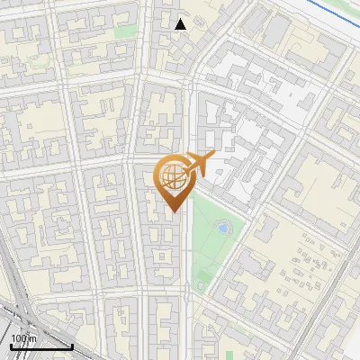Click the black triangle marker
click(x=181, y=24)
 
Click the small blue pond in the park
click(x=222, y=229)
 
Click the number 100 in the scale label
click(x=18, y=337)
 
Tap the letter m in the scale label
click(x=31, y=337)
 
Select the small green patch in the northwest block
click(x=127, y=32)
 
